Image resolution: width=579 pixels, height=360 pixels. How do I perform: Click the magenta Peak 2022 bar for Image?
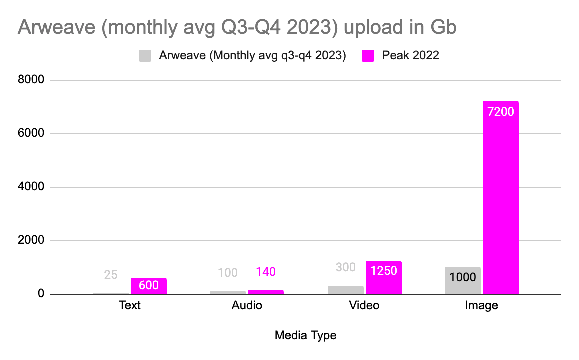pyautogui.click(x=500, y=197)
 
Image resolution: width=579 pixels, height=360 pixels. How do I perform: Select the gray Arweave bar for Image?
pyautogui.click(x=463, y=280)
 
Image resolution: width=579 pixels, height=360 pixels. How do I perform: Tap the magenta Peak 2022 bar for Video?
pyautogui.click(x=384, y=277)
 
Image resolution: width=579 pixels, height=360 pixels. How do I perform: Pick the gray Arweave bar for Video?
pyautogui.click(x=346, y=290)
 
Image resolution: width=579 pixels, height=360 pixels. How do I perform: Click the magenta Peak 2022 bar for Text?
pyautogui.click(x=149, y=286)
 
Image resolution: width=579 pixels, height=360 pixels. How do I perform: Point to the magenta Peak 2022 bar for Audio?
pyautogui.click(x=266, y=292)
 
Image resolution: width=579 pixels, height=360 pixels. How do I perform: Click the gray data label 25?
pyautogui.click(x=111, y=274)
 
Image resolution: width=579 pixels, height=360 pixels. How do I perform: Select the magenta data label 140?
pyautogui.click(x=266, y=272)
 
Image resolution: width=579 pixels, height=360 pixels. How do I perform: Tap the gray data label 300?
pyautogui.click(x=346, y=267)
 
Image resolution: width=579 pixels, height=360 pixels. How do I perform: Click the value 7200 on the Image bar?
pyautogui.click(x=500, y=112)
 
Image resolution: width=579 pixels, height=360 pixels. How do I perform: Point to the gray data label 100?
pyautogui.click(x=228, y=273)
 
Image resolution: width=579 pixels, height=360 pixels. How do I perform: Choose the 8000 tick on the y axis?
pyautogui.click(x=31, y=79)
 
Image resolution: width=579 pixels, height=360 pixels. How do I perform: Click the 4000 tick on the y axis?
pyautogui.click(x=31, y=186)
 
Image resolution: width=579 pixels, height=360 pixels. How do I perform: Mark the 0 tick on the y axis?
pyautogui.click(x=41, y=293)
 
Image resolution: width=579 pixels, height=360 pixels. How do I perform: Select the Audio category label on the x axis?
pyautogui.click(x=247, y=305)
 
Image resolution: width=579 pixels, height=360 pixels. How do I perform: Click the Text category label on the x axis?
pyautogui.click(x=130, y=305)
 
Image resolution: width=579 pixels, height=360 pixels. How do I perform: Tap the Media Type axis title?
pyautogui.click(x=305, y=335)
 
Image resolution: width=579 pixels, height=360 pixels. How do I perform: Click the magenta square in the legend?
pyautogui.click(x=368, y=56)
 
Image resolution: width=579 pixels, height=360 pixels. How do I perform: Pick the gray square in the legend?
pyautogui.click(x=145, y=56)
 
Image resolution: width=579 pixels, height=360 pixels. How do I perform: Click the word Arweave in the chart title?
pyautogui.click(x=57, y=27)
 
